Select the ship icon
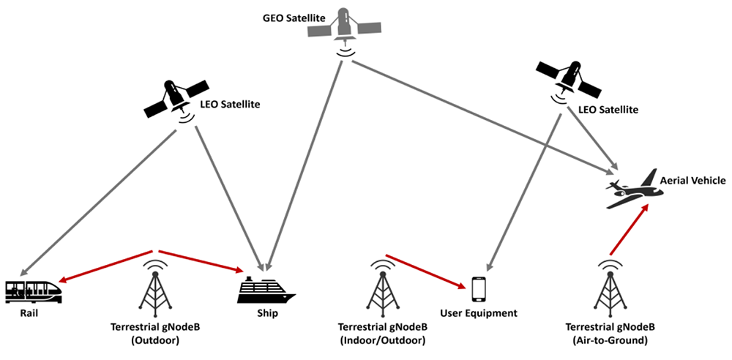[267, 290]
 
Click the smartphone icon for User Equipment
[479, 289]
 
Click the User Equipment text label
[479, 313]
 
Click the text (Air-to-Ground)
[610, 341]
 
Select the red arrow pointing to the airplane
[629, 230]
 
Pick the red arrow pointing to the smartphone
[428, 270]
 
